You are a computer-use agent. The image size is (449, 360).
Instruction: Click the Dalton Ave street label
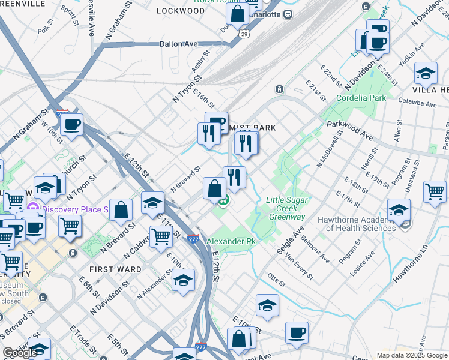click(x=179, y=44)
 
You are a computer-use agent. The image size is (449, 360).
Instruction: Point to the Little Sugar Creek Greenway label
click(x=288, y=208)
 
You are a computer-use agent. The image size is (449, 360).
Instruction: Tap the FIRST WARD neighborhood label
click(x=116, y=269)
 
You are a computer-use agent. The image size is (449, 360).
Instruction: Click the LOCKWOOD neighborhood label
click(x=180, y=11)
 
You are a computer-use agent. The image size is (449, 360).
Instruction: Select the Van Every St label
click(x=300, y=266)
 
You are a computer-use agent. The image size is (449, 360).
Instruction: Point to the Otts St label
click(x=276, y=279)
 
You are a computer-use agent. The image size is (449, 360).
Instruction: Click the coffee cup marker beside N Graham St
click(x=72, y=125)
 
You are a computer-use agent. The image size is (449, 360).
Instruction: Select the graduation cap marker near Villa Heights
click(x=426, y=73)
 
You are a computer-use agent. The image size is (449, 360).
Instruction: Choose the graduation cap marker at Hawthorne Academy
click(x=399, y=210)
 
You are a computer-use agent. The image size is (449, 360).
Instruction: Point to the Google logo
click(x=20, y=353)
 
